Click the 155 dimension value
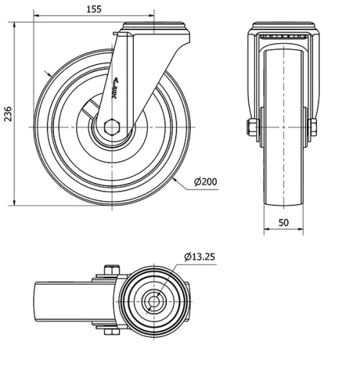coord(92,9)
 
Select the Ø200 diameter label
coord(204,182)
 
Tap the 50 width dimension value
coord(284,223)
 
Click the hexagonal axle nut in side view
coord(112,128)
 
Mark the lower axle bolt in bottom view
coord(108,331)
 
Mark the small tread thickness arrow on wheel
coord(48,73)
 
